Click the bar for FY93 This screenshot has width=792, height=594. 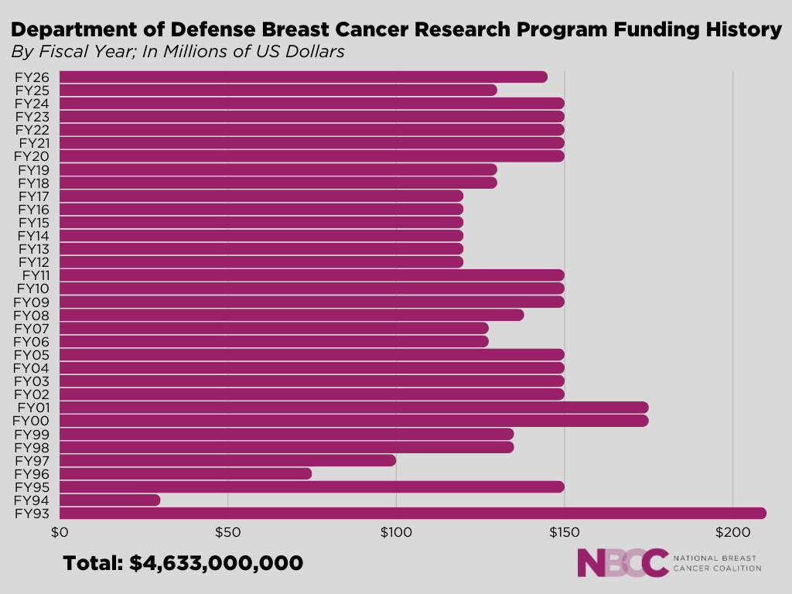tap(412, 513)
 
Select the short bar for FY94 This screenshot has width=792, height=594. tap(110, 500)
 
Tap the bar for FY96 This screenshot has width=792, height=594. tap(186, 473)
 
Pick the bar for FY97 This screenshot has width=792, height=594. tap(227, 460)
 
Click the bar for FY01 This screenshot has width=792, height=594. tap(353, 408)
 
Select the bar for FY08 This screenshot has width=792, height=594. tap(292, 315)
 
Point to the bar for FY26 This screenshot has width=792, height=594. tap(303, 77)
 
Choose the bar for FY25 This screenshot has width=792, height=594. tap(278, 90)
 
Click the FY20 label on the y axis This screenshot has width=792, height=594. tap(32, 156)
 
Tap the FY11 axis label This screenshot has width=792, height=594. tap(36, 275)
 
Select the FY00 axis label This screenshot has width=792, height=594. tap(32, 421)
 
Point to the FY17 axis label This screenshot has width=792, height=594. tap(33, 196)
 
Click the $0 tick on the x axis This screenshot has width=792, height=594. tap(60, 533)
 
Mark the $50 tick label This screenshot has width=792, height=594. tap(227, 533)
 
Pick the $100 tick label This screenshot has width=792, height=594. tap(395, 533)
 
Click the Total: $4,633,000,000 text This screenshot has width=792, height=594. tap(183, 563)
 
